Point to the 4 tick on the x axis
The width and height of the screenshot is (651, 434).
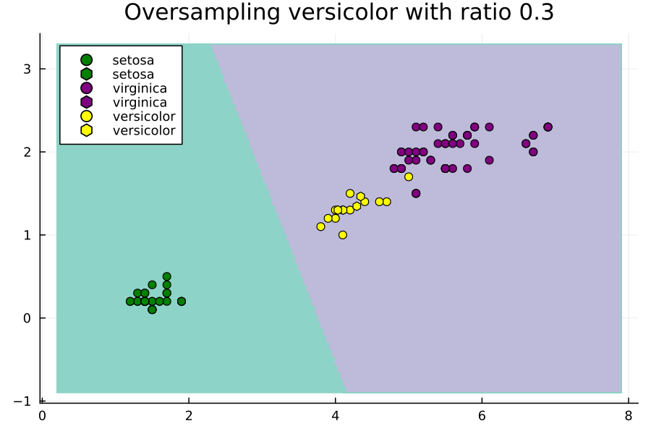click(x=335, y=415)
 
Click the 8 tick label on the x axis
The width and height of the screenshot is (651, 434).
click(x=628, y=415)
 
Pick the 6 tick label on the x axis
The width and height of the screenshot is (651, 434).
click(x=482, y=415)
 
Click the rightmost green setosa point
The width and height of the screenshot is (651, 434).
click(x=182, y=302)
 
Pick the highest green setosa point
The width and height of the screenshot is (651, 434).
click(x=166, y=276)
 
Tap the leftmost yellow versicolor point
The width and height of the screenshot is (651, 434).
click(x=320, y=226)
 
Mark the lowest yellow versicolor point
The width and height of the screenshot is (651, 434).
click(x=343, y=235)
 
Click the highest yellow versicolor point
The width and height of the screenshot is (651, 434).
click(x=409, y=176)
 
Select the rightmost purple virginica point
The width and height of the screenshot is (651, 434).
click(x=548, y=127)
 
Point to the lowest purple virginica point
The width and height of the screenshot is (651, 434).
click(x=416, y=193)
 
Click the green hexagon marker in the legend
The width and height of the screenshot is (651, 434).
click(x=86, y=75)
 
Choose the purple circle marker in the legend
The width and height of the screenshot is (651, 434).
click(x=86, y=88)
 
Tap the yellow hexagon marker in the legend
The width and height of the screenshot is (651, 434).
click(x=86, y=130)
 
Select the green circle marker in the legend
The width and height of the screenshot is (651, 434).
click(x=86, y=60)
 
